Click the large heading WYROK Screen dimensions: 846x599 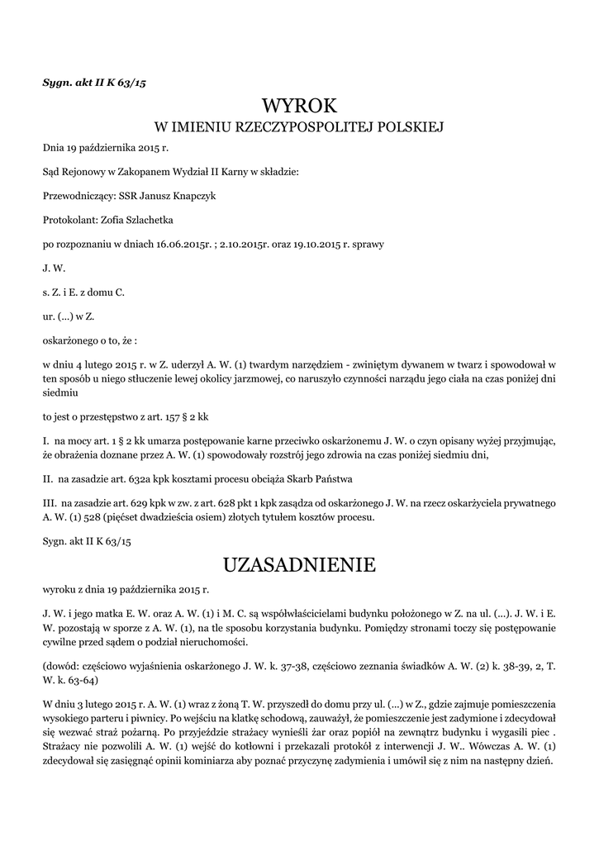[x=299, y=106]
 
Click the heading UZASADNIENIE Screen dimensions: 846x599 [x=299, y=565]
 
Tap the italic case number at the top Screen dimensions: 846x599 [x=94, y=83]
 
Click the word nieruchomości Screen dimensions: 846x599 [x=209, y=642]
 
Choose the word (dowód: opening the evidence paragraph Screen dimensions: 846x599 [x=61, y=665]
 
